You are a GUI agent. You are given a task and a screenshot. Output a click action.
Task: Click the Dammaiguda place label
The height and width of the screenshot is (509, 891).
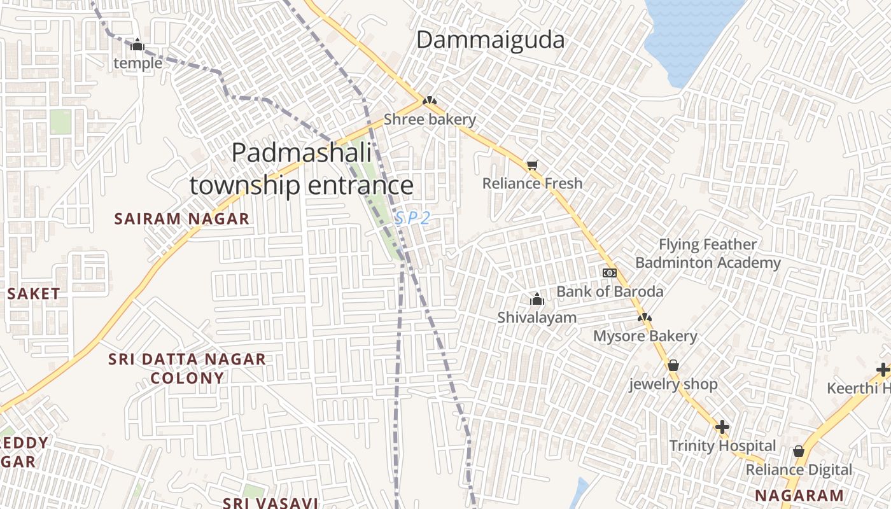490,40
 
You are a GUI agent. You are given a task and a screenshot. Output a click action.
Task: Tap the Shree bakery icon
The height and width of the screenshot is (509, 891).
430,101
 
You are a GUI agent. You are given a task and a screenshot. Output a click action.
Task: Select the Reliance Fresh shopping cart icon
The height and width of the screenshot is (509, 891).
532,165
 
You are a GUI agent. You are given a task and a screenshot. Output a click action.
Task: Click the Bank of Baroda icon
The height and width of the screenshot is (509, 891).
610,273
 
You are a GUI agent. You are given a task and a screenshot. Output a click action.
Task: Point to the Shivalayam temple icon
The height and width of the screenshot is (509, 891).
537,299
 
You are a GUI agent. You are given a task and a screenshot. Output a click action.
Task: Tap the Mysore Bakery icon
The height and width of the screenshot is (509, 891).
645,317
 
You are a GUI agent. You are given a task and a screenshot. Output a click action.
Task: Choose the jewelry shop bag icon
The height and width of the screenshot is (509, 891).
673,365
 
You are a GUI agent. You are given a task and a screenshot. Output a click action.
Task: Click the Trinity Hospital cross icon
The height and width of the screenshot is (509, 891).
722,427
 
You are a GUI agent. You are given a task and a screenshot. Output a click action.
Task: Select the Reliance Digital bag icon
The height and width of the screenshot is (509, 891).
799,451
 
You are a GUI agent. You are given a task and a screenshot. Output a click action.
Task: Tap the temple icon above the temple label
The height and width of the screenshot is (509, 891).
137,45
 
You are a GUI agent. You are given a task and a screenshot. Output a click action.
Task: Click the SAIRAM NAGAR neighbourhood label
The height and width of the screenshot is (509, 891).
181,219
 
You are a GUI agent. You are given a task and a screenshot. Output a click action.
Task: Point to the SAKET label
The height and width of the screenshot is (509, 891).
34,294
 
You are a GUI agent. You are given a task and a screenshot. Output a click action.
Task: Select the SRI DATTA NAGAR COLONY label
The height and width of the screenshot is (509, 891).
187,368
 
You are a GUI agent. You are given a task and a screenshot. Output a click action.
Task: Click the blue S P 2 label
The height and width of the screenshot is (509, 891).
412,218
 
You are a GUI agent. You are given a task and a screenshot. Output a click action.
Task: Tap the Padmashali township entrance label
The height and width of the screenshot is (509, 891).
302,169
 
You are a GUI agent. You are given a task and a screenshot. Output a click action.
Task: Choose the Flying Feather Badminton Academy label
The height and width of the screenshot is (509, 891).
708,253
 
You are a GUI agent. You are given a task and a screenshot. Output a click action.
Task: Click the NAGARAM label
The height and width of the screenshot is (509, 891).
799,495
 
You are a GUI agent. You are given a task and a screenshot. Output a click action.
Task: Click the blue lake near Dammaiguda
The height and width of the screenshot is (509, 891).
691,32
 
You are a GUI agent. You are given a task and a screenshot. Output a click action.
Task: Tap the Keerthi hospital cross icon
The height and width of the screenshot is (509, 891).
883,369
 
